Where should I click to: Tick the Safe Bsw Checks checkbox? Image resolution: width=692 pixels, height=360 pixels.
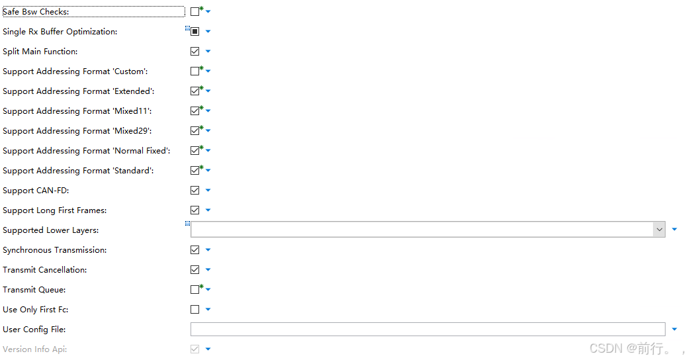pos(195,11)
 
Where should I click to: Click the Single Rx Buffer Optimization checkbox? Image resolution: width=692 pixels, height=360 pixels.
pos(195,31)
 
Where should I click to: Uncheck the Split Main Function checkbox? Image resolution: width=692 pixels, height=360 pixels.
pos(195,51)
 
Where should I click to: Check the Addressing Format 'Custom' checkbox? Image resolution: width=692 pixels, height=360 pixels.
pos(195,71)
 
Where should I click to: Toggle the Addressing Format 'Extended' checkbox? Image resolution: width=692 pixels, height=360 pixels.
pos(195,91)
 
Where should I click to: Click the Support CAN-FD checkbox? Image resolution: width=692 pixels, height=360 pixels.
pos(195,191)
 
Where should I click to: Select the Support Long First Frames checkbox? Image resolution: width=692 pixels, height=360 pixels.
pos(195,210)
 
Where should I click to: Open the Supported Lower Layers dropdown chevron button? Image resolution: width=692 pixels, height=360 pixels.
pos(660,230)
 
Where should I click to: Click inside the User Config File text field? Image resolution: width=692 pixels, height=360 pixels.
pos(427,329)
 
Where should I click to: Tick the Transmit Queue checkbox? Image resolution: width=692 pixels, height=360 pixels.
pos(195,290)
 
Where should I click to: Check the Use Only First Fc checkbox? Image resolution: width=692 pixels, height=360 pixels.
pos(195,310)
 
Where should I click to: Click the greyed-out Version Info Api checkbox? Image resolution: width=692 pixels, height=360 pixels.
pos(195,349)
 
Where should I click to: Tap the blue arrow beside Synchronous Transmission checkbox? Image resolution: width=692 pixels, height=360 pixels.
pos(208,250)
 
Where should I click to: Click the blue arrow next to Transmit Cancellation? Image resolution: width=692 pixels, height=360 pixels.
pos(208,270)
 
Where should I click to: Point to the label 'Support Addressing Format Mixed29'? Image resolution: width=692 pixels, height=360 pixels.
pos(77,131)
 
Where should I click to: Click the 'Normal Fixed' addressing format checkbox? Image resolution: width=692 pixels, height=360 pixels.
pos(195,151)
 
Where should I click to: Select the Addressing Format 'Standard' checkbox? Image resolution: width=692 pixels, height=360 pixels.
pos(195,171)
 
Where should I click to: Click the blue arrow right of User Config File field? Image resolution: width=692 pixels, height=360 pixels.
pos(674,329)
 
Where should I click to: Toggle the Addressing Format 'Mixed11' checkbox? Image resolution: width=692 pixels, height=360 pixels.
pos(195,111)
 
